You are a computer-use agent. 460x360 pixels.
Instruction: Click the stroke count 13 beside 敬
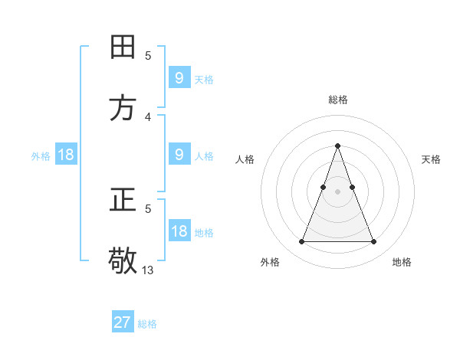[148, 270]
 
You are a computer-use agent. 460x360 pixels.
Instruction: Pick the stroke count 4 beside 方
[148, 116]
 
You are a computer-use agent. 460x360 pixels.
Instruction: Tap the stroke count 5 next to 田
[148, 55]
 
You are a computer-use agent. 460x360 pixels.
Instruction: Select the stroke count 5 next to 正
[148, 208]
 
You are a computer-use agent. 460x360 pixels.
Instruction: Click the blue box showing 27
[123, 322]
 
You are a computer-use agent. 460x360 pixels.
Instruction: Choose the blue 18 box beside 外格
[66, 155]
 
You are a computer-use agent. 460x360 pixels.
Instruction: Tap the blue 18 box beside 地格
[179, 232]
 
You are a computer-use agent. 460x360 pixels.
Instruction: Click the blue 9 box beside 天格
[179, 78]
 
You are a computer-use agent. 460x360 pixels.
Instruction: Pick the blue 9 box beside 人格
[179, 155]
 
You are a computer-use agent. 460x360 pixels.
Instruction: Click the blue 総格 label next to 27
[147, 324]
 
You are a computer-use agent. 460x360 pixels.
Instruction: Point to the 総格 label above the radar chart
[338, 100]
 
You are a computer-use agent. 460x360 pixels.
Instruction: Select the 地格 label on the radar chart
[402, 262]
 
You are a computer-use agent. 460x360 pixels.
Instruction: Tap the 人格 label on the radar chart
[245, 159]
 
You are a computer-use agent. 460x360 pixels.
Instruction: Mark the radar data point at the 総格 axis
[337, 146]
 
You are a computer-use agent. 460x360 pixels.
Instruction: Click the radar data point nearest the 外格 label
[301, 242]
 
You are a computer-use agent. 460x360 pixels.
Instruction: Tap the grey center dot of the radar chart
[337, 191]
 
